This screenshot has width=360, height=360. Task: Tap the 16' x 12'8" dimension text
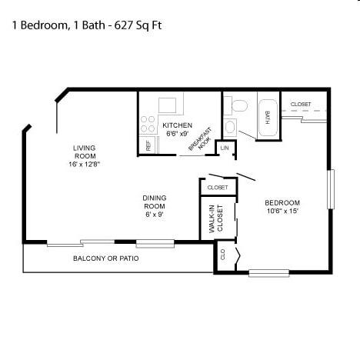click(x=83, y=164)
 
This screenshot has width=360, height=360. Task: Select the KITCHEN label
click(x=176, y=125)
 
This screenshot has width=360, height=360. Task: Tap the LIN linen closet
click(x=225, y=147)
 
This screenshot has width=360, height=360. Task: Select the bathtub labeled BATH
click(x=268, y=118)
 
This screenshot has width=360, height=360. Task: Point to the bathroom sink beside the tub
click(x=230, y=126)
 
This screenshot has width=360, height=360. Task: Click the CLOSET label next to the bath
click(x=301, y=104)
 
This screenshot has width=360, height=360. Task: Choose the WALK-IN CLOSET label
click(x=215, y=219)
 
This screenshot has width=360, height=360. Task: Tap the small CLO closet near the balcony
click(x=223, y=255)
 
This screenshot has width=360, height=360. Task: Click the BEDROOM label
click(x=282, y=203)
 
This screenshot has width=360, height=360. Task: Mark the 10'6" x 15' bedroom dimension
click(x=282, y=211)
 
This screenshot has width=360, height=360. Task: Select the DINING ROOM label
click(x=154, y=202)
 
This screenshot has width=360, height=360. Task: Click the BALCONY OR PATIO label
click(x=106, y=258)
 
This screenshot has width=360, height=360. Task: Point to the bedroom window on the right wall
click(x=332, y=188)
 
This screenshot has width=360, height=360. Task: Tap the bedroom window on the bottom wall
click(x=269, y=272)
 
